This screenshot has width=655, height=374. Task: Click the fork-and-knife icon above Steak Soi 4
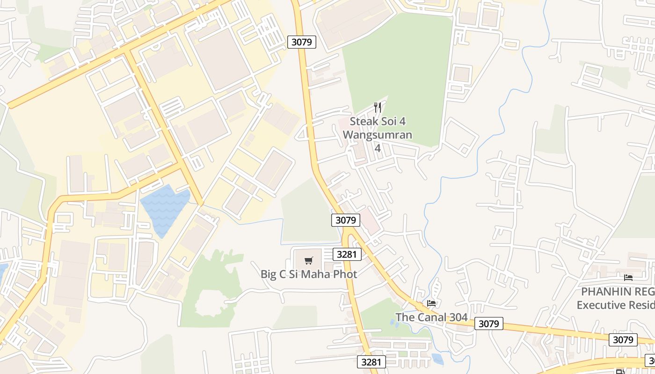[x=378, y=108]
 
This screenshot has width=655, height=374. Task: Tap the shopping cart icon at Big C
[x=308, y=260]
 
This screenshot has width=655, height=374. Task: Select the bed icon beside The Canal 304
[x=431, y=303]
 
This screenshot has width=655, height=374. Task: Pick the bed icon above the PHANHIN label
[x=628, y=277]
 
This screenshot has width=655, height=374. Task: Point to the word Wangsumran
[x=378, y=135]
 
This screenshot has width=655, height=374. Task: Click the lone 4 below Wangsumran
[x=378, y=149]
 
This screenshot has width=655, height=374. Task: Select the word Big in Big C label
[x=269, y=274]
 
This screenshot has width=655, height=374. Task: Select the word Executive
[x=600, y=305]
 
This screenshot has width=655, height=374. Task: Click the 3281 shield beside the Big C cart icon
[x=347, y=254]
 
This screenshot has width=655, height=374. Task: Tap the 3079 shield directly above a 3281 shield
[x=346, y=220]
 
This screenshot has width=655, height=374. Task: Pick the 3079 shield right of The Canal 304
[x=489, y=324]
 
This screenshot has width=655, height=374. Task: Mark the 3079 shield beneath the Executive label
[x=623, y=340]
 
